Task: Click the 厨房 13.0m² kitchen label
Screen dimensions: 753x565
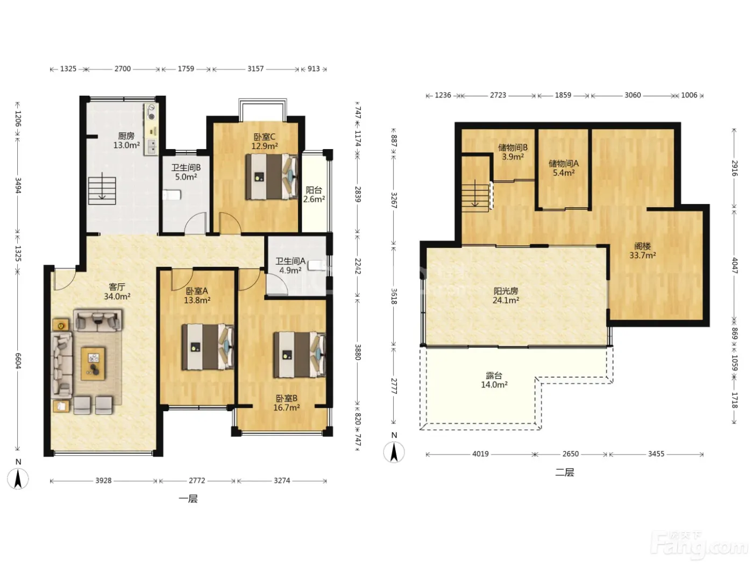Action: pos(126,140)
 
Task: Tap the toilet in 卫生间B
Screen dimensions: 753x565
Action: pos(172,195)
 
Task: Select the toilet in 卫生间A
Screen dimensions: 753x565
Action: pos(317,266)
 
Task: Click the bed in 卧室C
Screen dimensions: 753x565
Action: pos(272,176)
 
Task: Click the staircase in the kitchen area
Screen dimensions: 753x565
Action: pos(102,190)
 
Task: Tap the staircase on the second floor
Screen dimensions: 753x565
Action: pos(475,196)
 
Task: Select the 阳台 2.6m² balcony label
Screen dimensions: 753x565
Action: pos(314,194)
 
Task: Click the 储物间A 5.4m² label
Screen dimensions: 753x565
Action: pos(564,168)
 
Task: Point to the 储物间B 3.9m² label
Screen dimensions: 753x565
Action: pos(513,152)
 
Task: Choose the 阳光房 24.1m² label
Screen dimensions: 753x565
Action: pos(506,296)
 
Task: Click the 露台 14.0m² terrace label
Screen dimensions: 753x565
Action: pos(494,380)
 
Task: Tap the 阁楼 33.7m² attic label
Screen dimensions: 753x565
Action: pos(643,251)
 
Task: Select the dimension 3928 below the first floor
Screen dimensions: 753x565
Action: pos(103,481)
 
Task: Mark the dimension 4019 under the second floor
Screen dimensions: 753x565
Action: pos(480,454)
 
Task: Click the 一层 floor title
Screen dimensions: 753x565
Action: pos(188,499)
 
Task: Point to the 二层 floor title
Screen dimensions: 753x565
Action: pos(564,472)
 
